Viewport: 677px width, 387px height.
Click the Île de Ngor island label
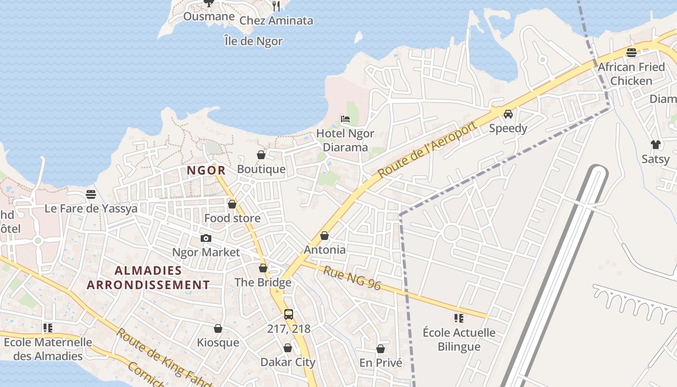pyautogui.click(x=253, y=41)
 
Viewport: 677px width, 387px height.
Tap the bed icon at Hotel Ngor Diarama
pyautogui.click(x=345, y=119)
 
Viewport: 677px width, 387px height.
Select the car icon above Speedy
pyautogui.click(x=508, y=114)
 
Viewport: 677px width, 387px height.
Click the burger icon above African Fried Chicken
pyautogui.click(x=631, y=52)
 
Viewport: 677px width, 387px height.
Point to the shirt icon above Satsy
pyautogui.click(x=655, y=144)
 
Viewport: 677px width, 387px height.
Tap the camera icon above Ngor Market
pyautogui.click(x=206, y=238)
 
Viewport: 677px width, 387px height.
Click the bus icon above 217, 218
pyautogui.click(x=289, y=314)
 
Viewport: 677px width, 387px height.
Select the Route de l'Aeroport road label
pyautogui.click(x=427, y=149)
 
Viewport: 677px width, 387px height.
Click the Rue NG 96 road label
pyautogui.click(x=352, y=278)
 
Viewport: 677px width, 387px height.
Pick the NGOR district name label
pyautogui.click(x=206, y=170)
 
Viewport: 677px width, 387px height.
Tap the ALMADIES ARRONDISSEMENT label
pyautogui.click(x=148, y=278)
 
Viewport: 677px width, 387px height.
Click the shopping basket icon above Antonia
pyautogui.click(x=324, y=236)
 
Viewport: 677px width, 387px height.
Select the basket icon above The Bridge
pyautogui.click(x=263, y=268)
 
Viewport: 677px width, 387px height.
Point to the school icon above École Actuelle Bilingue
pyautogui.click(x=458, y=318)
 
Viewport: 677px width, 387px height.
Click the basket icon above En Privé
pyautogui.click(x=381, y=348)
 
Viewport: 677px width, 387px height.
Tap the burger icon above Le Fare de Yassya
pyautogui.click(x=91, y=194)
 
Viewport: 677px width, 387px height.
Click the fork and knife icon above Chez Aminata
pyautogui.click(x=276, y=6)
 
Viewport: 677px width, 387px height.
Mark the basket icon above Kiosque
pyautogui.click(x=218, y=328)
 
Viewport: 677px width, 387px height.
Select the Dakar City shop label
pyautogui.click(x=288, y=362)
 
